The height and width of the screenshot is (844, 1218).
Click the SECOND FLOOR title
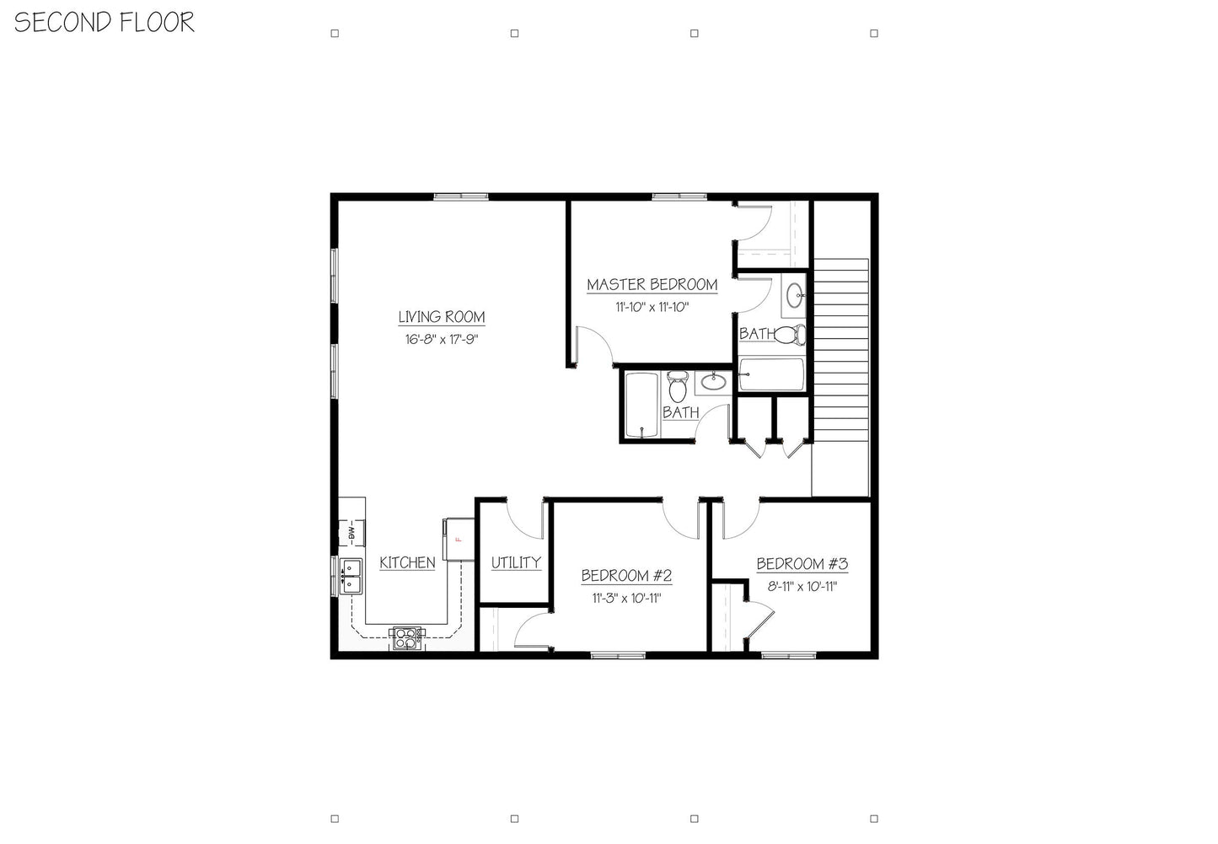click(x=105, y=22)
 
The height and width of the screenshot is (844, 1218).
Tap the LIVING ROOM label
click(x=441, y=317)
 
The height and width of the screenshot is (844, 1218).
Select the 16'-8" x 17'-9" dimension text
click(x=441, y=340)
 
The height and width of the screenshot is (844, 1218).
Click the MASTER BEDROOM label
click(x=652, y=285)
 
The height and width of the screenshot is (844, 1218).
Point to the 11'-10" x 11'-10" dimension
click(x=652, y=307)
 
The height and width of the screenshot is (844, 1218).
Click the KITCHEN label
click(x=407, y=562)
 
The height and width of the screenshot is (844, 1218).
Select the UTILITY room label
click(x=516, y=562)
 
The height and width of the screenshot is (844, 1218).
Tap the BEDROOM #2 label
click(x=626, y=576)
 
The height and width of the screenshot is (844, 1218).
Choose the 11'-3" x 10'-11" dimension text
click(x=626, y=599)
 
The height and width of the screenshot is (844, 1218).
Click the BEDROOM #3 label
click(x=802, y=564)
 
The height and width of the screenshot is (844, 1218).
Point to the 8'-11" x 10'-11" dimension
click(x=802, y=587)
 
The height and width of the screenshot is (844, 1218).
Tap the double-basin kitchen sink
click(x=351, y=576)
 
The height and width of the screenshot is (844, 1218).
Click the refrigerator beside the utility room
click(x=459, y=538)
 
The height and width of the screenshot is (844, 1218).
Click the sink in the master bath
click(x=794, y=295)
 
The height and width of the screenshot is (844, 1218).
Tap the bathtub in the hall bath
click(x=641, y=405)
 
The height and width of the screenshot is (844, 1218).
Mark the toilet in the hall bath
click(x=678, y=388)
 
